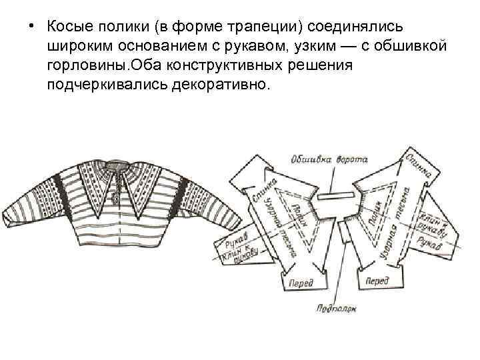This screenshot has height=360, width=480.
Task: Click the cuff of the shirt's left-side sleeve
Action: pyautogui.click(x=14, y=213)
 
